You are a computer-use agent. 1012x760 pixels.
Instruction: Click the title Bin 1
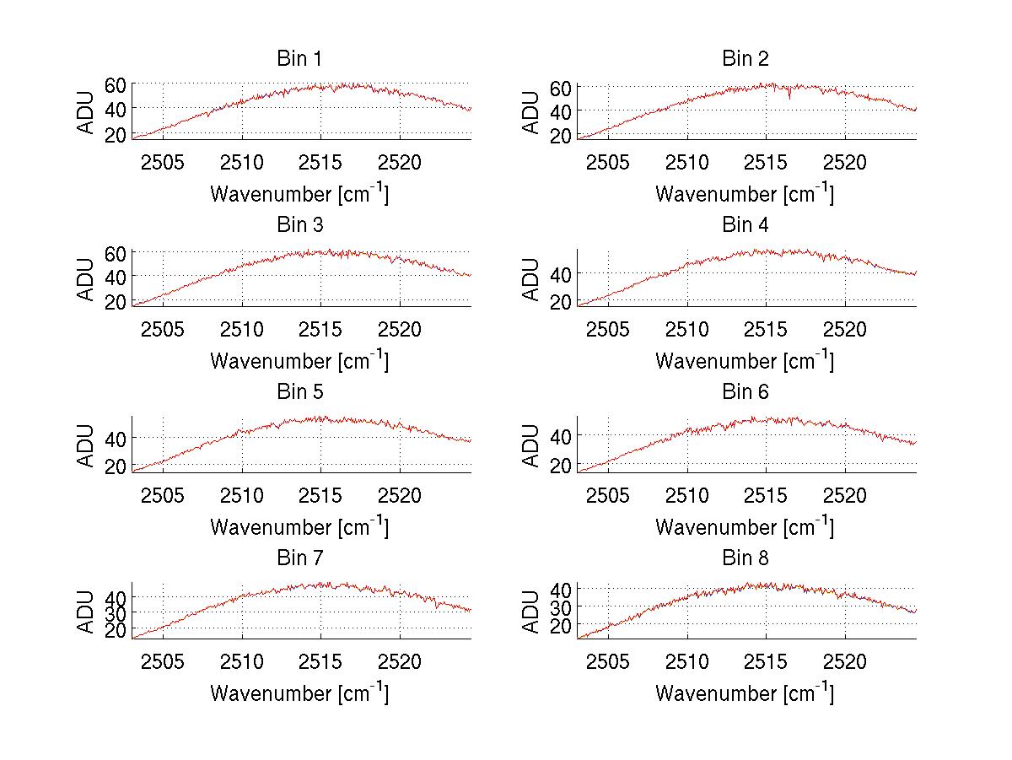point(299,59)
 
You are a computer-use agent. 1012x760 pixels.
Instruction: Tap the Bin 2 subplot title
point(745,59)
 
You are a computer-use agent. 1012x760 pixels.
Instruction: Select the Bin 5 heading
point(299,392)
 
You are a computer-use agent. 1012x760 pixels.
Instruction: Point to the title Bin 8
point(745,558)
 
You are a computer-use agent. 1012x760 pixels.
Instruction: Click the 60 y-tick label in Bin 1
point(116,85)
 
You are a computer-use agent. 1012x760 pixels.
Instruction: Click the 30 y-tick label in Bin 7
point(116,613)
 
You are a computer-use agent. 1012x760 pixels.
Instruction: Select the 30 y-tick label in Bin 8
point(561,607)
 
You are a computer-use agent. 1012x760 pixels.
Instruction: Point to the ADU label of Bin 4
point(531,279)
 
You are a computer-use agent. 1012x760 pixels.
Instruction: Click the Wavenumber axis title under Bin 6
point(745,527)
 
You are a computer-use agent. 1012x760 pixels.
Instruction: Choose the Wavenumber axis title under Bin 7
point(299,693)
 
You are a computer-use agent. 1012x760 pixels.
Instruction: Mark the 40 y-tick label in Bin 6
point(561,436)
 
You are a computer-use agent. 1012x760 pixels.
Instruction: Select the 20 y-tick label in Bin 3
point(116,301)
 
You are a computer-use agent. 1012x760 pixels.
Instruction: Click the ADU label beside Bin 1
point(86,112)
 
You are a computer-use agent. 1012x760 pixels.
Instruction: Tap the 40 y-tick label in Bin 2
point(561,111)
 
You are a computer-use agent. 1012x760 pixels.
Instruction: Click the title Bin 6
point(745,392)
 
